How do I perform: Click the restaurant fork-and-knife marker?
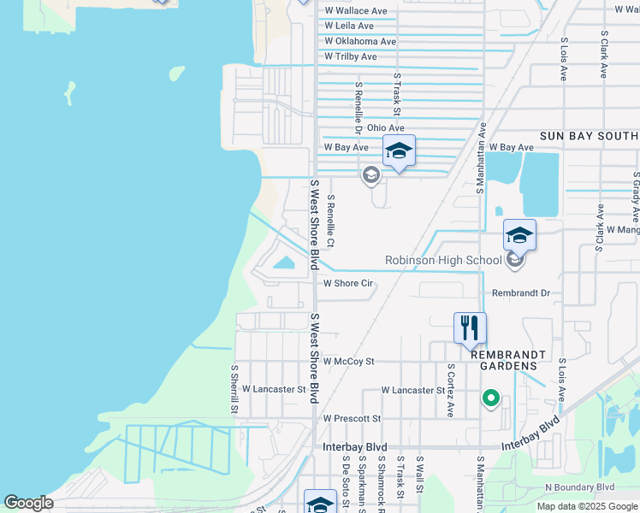pyautogui.click(x=470, y=327)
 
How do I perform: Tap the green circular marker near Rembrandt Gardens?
pyautogui.click(x=490, y=398)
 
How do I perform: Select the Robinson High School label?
pyautogui.click(x=443, y=260)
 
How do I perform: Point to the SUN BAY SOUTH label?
pyautogui.click(x=589, y=136)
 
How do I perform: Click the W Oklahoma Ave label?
pyautogui.click(x=360, y=41)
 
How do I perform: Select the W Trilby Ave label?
pyautogui.click(x=351, y=56)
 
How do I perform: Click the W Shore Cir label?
pyautogui.click(x=348, y=283)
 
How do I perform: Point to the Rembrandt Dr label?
pyautogui.click(x=520, y=292)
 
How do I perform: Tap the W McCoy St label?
pyautogui.click(x=348, y=362)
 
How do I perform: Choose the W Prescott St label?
pyautogui.click(x=352, y=418)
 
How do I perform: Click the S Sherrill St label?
pyautogui.click(x=234, y=389)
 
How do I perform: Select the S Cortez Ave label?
pyautogui.click(x=450, y=390)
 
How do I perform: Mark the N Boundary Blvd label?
pyautogui.click(x=580, y=487)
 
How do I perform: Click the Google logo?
pyautogui.click(x=28, y=503)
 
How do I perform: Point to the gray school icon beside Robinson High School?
pyautogui.click(x=514, y=260)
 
